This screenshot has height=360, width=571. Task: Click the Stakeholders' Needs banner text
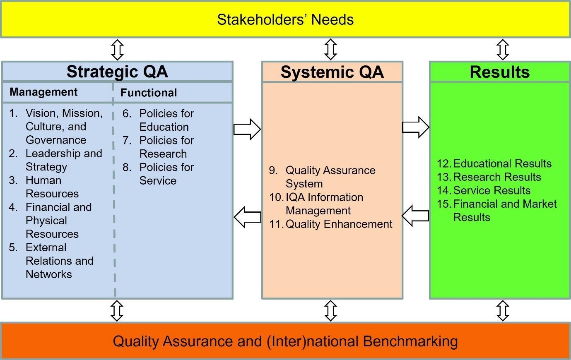pos(285,20)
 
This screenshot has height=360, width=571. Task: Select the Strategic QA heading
pos(117,72)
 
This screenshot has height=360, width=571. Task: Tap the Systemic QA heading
pos(332,72)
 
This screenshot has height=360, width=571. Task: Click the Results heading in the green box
pos(499,72)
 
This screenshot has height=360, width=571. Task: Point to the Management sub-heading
pos(43,92)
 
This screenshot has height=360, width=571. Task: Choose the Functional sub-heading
pos(149,93)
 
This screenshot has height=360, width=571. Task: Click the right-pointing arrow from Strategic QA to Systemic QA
pos(247,129)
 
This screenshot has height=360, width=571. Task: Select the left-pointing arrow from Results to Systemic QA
pos(415,216)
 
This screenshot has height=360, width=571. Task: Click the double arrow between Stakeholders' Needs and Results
pos(503,50)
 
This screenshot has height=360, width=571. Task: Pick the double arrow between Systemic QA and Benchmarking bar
pos(330,311)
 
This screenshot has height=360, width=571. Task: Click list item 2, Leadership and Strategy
pos(63,160)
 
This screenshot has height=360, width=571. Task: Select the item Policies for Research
pos(166,147)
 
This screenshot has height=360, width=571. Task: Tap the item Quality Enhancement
pos(339,224)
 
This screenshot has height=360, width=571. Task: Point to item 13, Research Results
pos(497,177)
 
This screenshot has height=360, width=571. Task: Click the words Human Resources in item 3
pos(52,187)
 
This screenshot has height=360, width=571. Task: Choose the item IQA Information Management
pos(324,204)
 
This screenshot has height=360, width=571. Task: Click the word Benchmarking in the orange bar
pos(410,341)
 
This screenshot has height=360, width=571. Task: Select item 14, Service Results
pos(491,190)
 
